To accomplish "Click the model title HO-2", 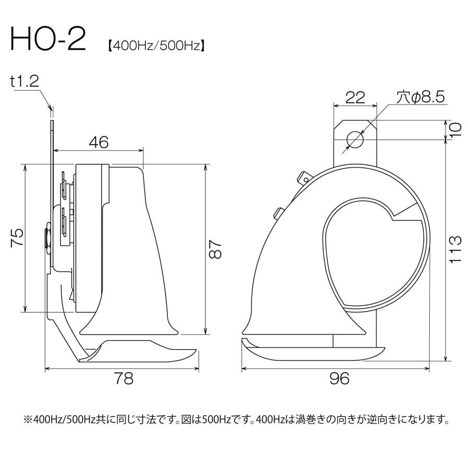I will tap(47, 40).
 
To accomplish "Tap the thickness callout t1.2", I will tap(24, 81).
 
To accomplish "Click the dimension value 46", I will tap(98, 142).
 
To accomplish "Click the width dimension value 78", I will tap(122, 379).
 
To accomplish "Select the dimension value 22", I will tap(355, 97).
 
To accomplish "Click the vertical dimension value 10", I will tap(455, 129).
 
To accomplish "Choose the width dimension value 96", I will tap(340, 379).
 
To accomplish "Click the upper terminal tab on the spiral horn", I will tap(303, 177).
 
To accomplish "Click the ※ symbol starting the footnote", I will tap(27, 420).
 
